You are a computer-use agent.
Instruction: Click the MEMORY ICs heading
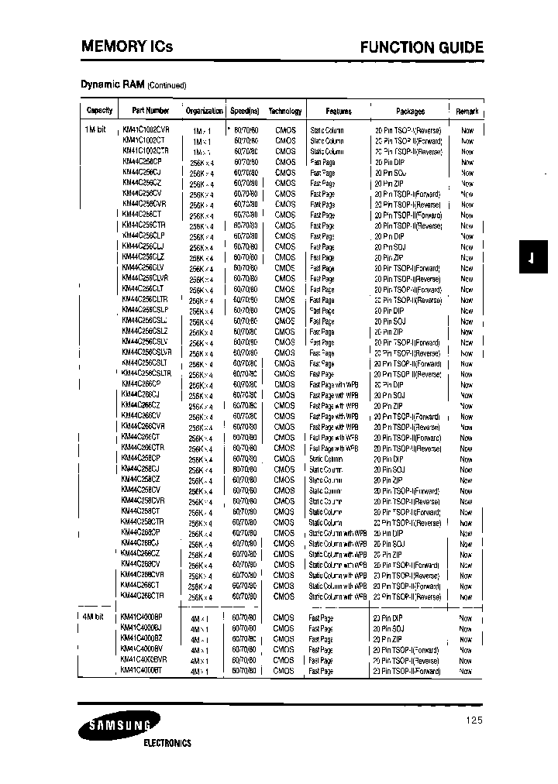tap(127, 47)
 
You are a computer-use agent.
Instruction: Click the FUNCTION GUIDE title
tap(422, 48)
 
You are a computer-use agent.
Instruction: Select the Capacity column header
tap(99, 111)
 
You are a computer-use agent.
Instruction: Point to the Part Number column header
tap(150, 111)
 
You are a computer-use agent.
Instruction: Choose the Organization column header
tap(204, 111)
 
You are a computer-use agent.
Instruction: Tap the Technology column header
tap(284, 111)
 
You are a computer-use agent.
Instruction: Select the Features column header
tap(338, 111)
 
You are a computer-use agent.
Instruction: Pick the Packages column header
tap(410, 111)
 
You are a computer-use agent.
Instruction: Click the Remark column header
tap(467, 111)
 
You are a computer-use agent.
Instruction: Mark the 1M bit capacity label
tap(95, 130)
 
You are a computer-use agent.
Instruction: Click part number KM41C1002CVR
tap(146, 130)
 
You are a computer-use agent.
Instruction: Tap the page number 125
tap(474, 720)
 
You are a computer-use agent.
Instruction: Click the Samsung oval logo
tap(118, 726)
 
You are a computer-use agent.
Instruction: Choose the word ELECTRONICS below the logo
tap(167, 743)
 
